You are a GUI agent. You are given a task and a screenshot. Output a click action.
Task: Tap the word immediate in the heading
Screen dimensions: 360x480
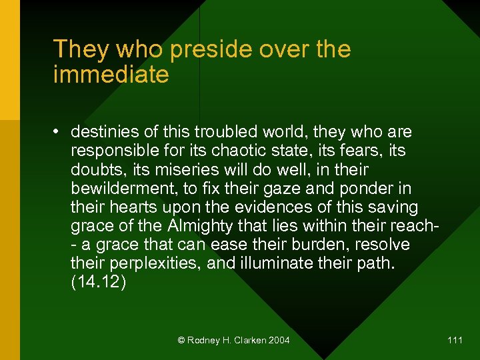[111, 75]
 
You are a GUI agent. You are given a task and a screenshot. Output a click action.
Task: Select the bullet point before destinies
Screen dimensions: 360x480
[59, 132]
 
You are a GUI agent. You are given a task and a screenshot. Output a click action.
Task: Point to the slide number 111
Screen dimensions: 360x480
[455, 341]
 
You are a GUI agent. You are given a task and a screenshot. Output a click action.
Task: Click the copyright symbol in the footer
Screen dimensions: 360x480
[181, 341]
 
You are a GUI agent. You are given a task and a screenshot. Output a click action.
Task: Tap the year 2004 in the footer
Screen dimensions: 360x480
[279, 341]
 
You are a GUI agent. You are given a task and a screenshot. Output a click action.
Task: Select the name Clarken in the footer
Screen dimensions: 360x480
[248, 341]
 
